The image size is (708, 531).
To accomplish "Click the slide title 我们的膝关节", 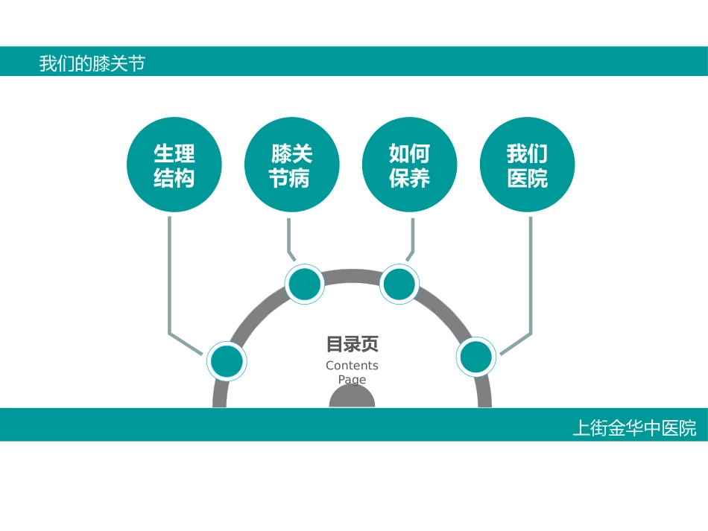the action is [x=92, y=63].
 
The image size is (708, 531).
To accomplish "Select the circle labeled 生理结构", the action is [x=174, y=165].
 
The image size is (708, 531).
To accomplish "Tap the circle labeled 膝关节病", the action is [x=291, y=165].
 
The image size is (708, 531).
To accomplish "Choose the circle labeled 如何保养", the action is [x=409, y=165].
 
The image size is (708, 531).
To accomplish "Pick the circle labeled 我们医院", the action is [x=527, y=165].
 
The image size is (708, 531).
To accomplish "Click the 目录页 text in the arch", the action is [x=352, y=345].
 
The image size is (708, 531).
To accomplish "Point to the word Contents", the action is [x=352, y=366].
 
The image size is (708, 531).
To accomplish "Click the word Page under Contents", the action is [x=352, y=379].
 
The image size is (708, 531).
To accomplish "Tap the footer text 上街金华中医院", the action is [x=634, y=429].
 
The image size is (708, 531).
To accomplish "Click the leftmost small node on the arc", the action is [x=226, y=361].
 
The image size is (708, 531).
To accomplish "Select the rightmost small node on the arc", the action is [x=475, y=357].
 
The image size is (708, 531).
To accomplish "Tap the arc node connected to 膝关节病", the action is [x=305, y=284].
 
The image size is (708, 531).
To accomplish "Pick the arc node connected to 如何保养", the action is [x=399, y=284].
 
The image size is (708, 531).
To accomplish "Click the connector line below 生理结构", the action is [x=170, y=276].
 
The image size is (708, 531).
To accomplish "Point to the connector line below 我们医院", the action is [x=531, y=276].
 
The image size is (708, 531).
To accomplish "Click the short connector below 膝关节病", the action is [x=288, y=235].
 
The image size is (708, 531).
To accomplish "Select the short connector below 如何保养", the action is [x=413, y=235].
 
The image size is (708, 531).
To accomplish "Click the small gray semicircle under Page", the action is [x=352, y=398].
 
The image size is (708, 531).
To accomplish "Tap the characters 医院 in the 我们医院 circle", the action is [x=527, y=179].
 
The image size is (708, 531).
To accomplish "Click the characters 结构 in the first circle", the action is [x=174, y=179].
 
